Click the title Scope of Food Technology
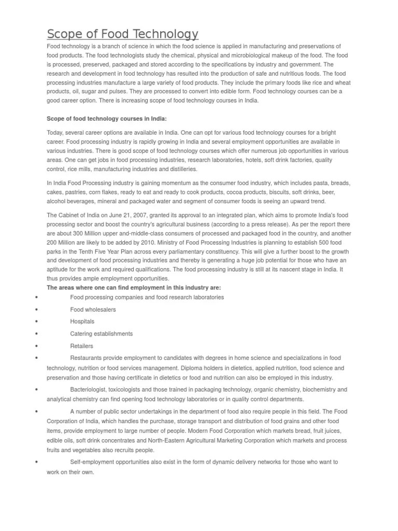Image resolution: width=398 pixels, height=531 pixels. (x=122, y=34)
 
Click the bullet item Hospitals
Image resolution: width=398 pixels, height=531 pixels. (x=82, y=322)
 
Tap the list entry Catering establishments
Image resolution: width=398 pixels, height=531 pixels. (x=101, y=333)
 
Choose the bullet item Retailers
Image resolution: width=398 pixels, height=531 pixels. (x=81, y=346)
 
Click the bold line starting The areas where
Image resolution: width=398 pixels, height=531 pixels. (x=134, y=287)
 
